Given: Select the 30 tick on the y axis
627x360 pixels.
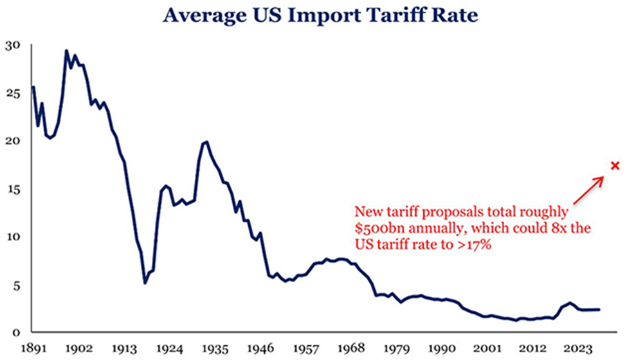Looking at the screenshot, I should [14, 46].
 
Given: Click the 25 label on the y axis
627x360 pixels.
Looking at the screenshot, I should [14, 94].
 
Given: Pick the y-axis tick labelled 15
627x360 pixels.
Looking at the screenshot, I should [14, 189].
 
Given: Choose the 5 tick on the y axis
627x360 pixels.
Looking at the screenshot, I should [16, 284].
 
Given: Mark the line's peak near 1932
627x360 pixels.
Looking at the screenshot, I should [206, 142].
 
